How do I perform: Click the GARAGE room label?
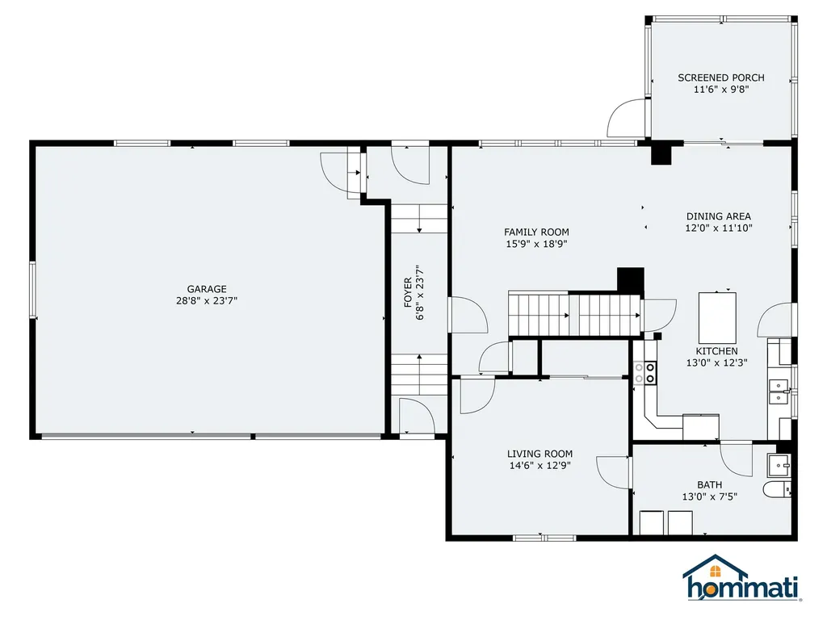(207, 289)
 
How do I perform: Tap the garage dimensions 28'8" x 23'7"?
(207, 300)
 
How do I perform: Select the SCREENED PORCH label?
(720, 78)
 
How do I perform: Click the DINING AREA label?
(718, 216)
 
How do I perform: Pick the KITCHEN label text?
(716, 351)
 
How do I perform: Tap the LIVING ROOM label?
(539, 454)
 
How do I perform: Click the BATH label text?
(710, 484)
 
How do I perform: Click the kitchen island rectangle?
(717, 317)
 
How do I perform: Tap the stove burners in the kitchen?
(644, 372)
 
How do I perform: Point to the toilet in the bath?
(778, 490)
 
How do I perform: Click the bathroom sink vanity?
(779, 463)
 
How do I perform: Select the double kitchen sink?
(779, 392)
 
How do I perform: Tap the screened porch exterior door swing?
(627, 119)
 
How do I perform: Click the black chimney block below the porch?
(661, 153)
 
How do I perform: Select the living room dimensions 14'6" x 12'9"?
(539, 465)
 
